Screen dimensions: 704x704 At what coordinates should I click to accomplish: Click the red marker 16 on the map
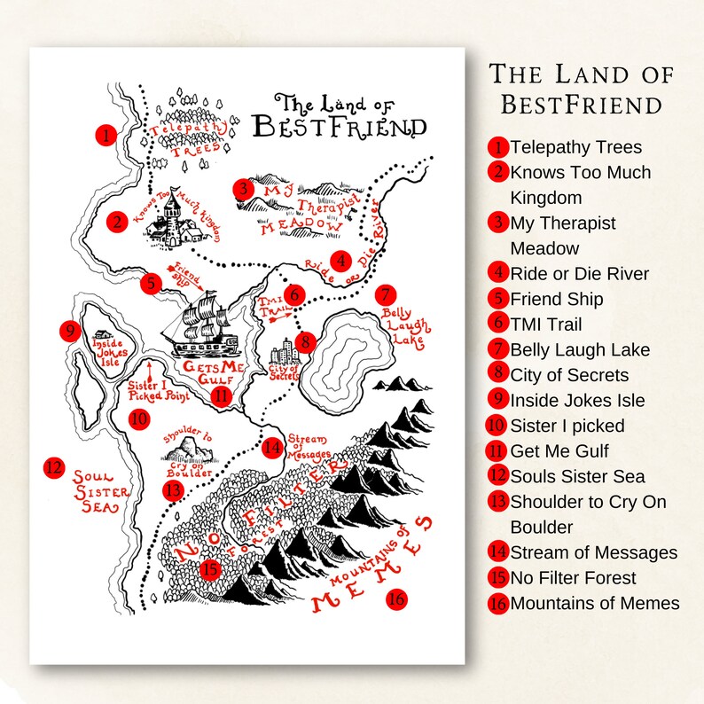[x=396, y=599]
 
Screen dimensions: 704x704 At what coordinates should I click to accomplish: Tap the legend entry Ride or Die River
[x=580, y=274]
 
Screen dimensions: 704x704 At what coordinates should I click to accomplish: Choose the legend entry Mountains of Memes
[x=595, y=604]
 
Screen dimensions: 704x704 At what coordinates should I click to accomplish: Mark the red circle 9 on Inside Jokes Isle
[x=71, y=331]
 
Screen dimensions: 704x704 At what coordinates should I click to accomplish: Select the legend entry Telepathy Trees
[x=575, y=147]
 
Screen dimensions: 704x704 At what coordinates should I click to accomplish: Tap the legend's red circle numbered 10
[x=497, y=426]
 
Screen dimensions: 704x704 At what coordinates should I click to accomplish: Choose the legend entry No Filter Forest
[x=573, y=579]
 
